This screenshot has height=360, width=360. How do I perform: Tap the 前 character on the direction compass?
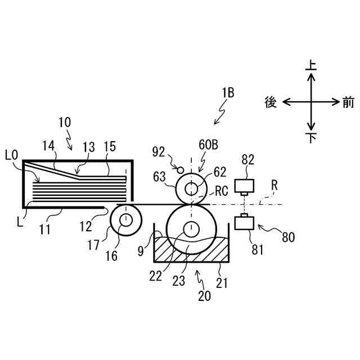point(348,102)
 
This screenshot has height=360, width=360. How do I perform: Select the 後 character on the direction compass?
point(271,102)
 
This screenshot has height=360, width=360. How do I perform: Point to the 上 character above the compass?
point(310,65)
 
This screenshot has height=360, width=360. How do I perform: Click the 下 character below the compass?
point(310,138)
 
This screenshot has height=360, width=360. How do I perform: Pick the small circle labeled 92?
point(180,168)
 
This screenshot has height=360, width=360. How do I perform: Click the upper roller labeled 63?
point(191,187)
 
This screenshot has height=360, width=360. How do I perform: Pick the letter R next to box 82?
point(274,184)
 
